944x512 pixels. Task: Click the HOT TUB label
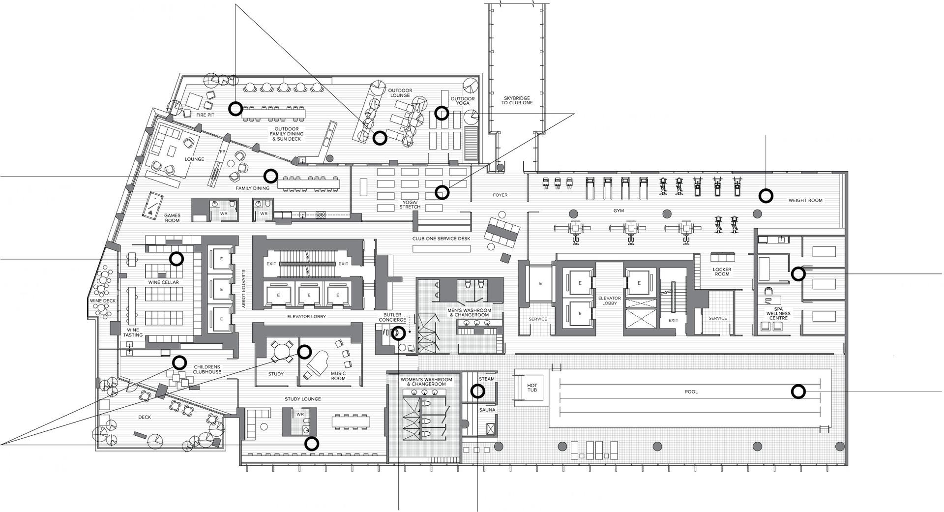pyautogui.click(x=532, y=388)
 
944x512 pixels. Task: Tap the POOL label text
pyautogui.click(x=691, y=392)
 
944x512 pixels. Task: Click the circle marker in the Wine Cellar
pyautogui.click(x=177, y=258)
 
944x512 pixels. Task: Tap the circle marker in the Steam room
pyautogui.click(x=477, y=391)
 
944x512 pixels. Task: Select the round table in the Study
pyautogui.click(x=281, y=351)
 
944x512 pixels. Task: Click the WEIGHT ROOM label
pyautogui.click(x=805, y=200)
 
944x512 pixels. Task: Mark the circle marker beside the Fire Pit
pyautogui.click(x=236, y=109)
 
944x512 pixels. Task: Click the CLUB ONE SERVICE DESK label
pyautogui.click(x=441, y=239)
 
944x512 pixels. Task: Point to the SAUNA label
pyautogui.click(x=487, y=410)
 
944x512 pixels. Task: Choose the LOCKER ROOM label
pyautogui.click(x=722, y=271)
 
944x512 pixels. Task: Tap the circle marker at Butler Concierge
pyautogui.click(x=398, y=333)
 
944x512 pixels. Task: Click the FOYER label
pyautogui.click(x=500, y=195)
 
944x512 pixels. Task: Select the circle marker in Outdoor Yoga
pyautogui.click(x=442, y=113)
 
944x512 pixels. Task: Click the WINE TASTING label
pyautogui.click(x=133, y=332)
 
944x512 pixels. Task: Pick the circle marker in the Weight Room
pyautogui.click(x=766, y=196)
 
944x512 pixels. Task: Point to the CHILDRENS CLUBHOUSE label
pyautogui.click(x=207, y=369)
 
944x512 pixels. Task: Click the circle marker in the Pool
pyautogui.click(x=798, y=392)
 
